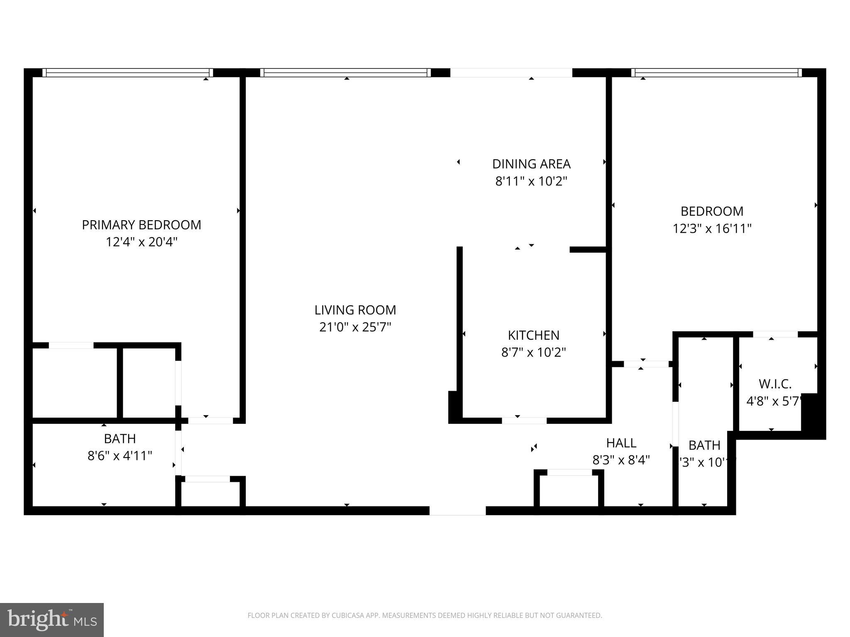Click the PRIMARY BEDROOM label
pyautogui.click(x=141, y=225)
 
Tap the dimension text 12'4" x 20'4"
pyautogui.click(x=141, y=242)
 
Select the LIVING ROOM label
pyautogui.click(x=355, y=310)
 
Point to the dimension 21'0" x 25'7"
pyautogui.click(x=355, y=327)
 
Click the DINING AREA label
pyautogui.click(x=531, y=164)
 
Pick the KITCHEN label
pyautogui.click(x=533, y=335)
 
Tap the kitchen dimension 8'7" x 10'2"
pyautogui.click(x=533, y=353)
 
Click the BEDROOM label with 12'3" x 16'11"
pyautogui.click(x=712, y=211)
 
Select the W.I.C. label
pyautogui.click(x=775, y=384)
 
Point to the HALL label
pyautogui.click(x=621, y=443)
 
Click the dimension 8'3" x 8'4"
pyautogui.click(x=621, y=460)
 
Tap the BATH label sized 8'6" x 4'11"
pyautogui.click(x=120, y=438)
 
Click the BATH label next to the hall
pyautogui.click(x=704, y=445)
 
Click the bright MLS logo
pyautogui.click(x=52, y=620)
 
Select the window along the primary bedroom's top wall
pyautogui.click(x=127, y=73)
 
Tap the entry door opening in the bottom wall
pyautogui.click(x=457, y=511)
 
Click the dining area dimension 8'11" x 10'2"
pyautogui.click(x=531, y=181)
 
